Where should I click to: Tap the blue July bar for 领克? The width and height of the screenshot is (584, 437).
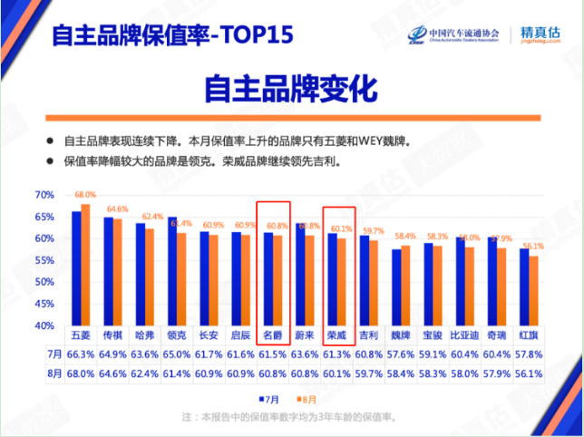[172, 271]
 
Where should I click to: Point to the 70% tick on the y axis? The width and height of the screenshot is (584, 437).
[44, 195]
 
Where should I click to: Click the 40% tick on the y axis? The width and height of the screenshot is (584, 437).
[44, 325]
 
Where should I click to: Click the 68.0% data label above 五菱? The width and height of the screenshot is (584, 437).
[85, 195]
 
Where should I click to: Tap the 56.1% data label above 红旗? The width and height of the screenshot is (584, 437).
[533, 247]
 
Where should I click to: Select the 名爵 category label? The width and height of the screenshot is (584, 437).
[274, 335]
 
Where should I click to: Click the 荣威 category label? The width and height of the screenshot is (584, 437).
[337, 335]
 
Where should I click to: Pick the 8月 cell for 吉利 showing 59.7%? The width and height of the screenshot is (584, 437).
[370, 373]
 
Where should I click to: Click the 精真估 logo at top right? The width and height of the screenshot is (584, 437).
[541, 34]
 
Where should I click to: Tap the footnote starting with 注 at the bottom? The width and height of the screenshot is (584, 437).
[290, 417]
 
